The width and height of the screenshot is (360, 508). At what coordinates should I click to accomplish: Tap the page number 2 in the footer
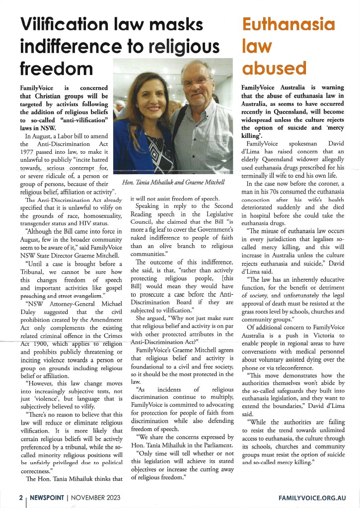[x=20, y=497]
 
